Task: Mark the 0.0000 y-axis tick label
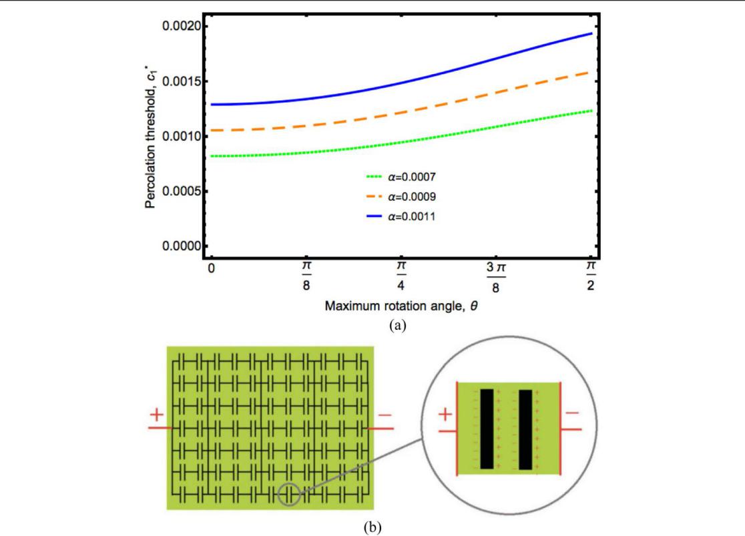(177, 246)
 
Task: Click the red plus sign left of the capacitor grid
(158, 415)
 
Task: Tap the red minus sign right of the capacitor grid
(385, 415)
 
